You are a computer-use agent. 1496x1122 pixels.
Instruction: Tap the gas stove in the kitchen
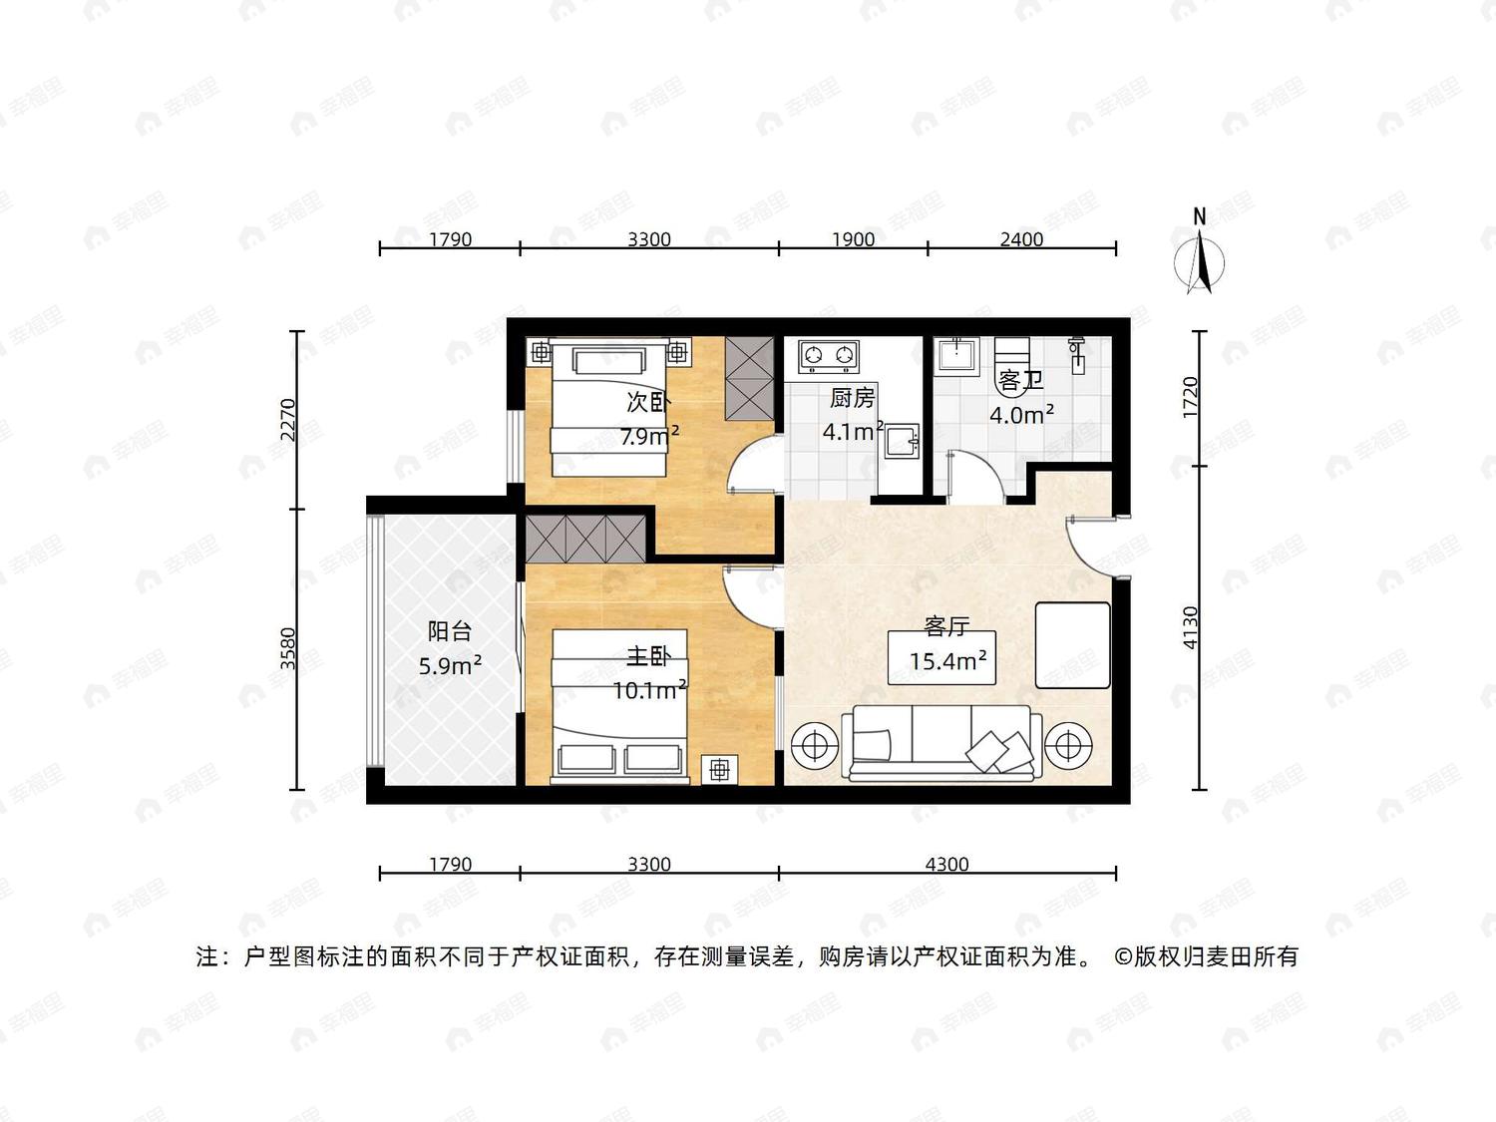(828, 356)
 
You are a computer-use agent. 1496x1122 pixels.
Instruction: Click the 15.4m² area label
(948, 660)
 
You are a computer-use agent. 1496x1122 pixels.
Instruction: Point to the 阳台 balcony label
(449, 631)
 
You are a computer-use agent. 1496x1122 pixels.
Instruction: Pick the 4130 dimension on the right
(1189, 627)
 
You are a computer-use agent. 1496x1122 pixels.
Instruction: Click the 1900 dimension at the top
(854, 239)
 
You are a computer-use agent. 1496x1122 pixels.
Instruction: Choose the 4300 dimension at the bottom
(946, 865)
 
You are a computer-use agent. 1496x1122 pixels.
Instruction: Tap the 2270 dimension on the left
(288, 420)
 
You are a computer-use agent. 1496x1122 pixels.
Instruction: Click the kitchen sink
(902, 442)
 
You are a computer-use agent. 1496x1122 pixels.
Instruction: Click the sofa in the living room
(941, 743)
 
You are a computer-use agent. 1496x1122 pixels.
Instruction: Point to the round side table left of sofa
(815, 745)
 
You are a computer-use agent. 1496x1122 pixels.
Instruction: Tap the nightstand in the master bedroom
(720, 770)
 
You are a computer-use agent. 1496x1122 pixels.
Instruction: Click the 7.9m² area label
(649, 435)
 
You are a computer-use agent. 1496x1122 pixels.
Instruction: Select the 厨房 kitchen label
(852, 398)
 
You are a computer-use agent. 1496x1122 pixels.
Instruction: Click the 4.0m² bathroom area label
(1021, 414)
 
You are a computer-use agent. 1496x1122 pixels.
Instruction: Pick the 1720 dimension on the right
(1189, 398)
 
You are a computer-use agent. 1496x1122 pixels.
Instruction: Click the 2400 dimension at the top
(1021, 239)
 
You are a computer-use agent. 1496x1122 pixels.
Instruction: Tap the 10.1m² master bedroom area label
(649, 690)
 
